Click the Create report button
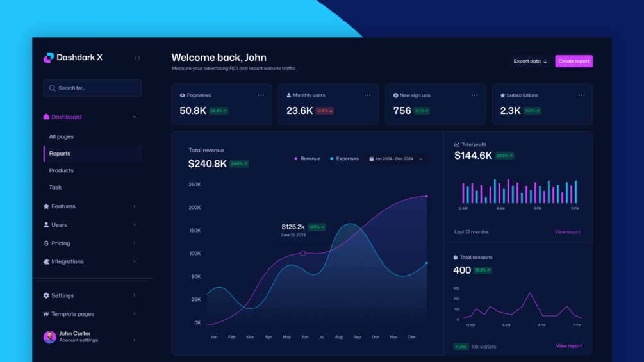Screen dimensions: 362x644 pos(574,62)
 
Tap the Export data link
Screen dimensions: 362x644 pos(530,62)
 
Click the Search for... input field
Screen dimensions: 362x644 pos(93,88)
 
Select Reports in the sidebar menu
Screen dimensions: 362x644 pos(60,154)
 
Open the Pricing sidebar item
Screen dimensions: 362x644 pos(61,243)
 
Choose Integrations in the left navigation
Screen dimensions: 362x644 pos(67,261)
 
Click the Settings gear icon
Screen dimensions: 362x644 pos(46,295)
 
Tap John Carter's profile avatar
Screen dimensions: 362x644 pos(49,337)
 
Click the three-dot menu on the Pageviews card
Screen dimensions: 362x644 pos(261,95)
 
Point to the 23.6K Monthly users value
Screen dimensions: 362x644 pos(299,111)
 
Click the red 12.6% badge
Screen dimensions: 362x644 pos(324,111)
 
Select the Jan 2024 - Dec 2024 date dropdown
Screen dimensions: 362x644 pos(395,159)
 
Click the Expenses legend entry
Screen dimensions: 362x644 pos(345,159)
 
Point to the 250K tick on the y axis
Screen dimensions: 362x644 pos(194,185)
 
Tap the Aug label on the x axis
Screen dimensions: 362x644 pos(338,337)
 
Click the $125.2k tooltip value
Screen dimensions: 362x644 pos(293,227)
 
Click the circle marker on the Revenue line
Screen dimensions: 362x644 pos(303,253)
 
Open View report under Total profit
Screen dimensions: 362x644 pos(567,232)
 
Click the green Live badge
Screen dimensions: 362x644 pos(461,347)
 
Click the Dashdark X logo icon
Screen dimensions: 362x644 pos(49,58)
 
